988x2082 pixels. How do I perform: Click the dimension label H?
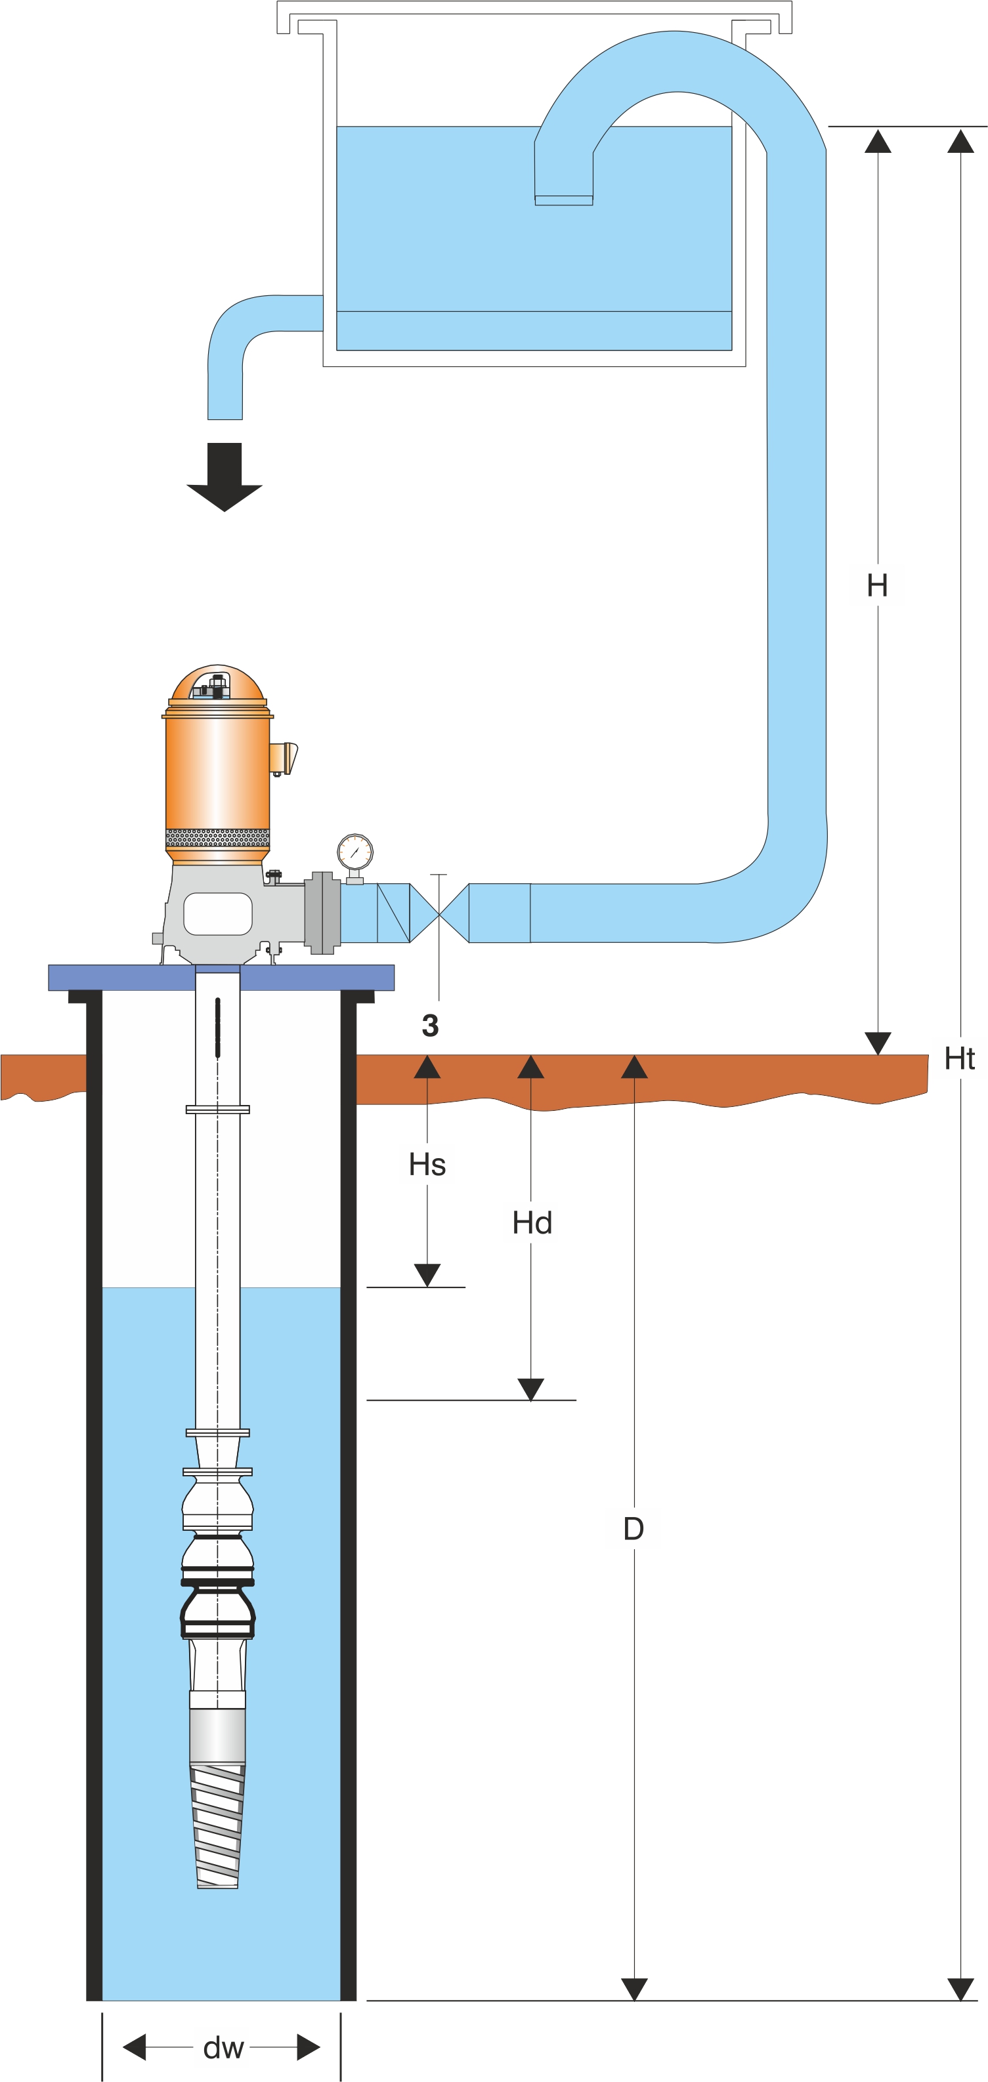[877, 585]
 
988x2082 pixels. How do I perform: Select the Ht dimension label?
[960, 1059]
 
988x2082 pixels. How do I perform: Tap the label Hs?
[427, 1165]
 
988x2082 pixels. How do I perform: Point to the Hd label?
[532, 1223]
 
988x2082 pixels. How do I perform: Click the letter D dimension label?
[634, 1529]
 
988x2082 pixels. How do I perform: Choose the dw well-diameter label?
[223, 2048]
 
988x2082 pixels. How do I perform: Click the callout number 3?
[430, 1026]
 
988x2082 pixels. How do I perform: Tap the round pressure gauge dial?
[355, 852]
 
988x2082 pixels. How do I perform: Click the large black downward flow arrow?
[225, 476]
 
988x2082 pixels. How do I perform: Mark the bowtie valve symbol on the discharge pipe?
[439, 913]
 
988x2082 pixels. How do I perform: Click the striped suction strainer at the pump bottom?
[217, 1827]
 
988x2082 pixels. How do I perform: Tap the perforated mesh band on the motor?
[217, 837]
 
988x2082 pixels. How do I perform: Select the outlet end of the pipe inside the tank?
[563, 199]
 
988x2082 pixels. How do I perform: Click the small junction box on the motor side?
[283, 758]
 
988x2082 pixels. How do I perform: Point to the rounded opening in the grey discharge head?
[217, 913]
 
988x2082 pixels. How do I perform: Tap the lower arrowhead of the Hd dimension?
[530, 1389]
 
